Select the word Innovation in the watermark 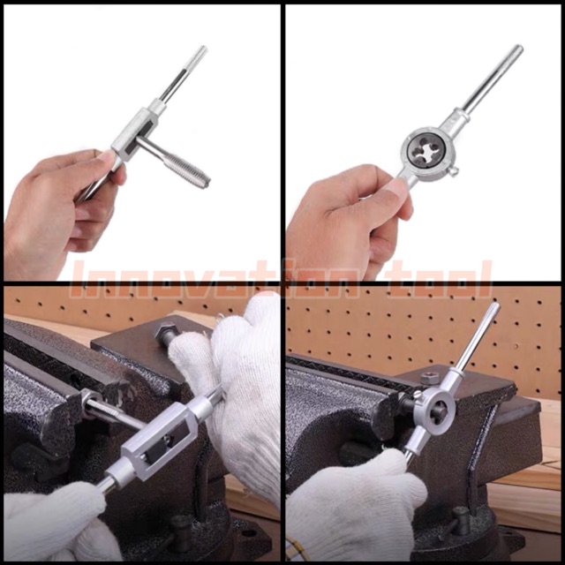(x=214, y=280)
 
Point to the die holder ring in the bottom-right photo (x=434, y=411)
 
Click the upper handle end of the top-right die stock (x=518, y=49)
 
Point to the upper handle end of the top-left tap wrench (x=202, y=50)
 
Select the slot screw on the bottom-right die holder (x=417, y=395)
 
